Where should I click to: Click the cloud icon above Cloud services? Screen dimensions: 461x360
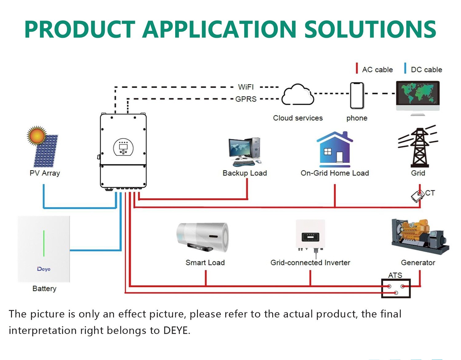(297, 94)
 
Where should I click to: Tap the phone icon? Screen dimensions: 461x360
(357, 96)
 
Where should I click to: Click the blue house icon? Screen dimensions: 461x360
(335, 149)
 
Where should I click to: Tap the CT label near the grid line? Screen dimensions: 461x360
(430, 193)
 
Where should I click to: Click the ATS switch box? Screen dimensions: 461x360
(396, 288)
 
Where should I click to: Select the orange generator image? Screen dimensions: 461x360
(420, 236)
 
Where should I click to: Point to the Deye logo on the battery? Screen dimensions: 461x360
(44, 269)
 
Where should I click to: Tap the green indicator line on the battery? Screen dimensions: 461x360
(44, 243)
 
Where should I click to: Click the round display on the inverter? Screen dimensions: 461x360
(124, 148)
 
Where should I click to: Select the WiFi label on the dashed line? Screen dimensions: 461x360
(246, 87)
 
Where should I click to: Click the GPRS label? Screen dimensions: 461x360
(246, 99)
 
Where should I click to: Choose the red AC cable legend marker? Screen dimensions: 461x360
(357, 68)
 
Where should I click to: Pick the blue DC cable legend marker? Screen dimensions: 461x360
(405, 68)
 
